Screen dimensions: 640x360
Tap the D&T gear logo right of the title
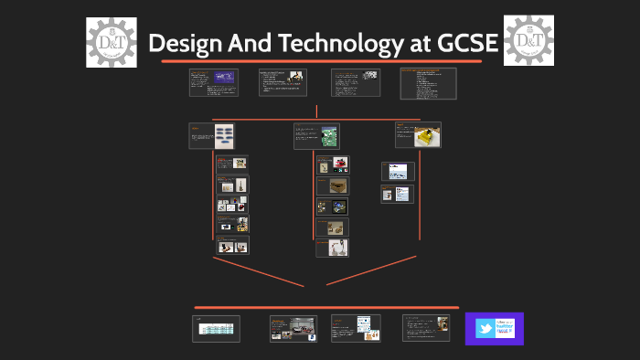pos(528,41)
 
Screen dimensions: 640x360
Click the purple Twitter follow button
pos(495,329)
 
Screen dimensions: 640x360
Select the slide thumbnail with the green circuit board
pos(316,136)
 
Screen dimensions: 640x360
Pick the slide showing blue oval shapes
pos(211,136)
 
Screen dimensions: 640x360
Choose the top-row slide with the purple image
pos(212,82)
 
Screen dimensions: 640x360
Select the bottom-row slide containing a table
pos(217,329)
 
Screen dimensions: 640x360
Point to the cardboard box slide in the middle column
pos(332,185)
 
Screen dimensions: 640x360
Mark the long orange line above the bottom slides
pos(325,308)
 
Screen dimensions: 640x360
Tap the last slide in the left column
pos(231,245)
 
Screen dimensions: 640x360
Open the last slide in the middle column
pos(332,248)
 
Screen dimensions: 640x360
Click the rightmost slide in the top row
pos(428,83)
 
